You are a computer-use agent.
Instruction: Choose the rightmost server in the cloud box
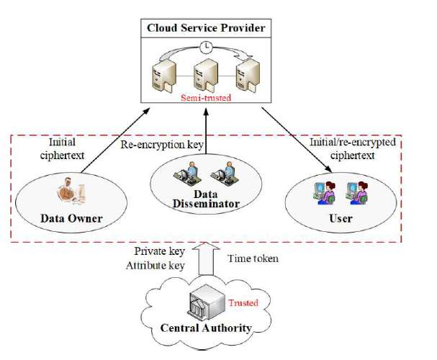pyautogui.click(x=249, y=74)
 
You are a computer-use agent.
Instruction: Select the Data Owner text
pyautogui.click(x=71, y=217)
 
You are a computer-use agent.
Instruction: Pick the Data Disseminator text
pyautogui.click(x=206, y=198)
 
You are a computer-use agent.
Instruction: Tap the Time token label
pyautogui.click(x=253, y=258)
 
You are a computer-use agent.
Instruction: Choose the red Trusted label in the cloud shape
pyautogui.click(x=243, y=303)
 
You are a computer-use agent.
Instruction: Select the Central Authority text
pyautogui.click(x=206, y=328)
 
